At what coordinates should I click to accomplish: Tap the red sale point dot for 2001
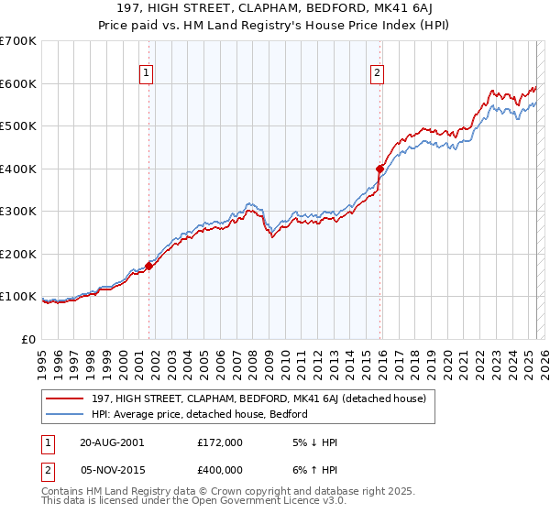pos(148,266)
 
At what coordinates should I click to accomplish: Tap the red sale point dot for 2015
pos(379,169)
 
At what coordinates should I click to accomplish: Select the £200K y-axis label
pos(18,254)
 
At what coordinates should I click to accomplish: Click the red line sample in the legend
pos(65,398)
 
